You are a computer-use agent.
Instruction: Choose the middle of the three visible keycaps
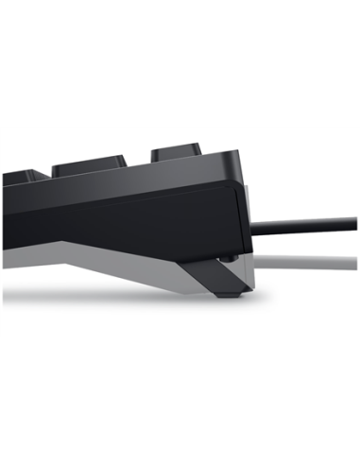click(x=91, y=166)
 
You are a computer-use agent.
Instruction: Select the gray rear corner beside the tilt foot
click(x=243, y=274)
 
